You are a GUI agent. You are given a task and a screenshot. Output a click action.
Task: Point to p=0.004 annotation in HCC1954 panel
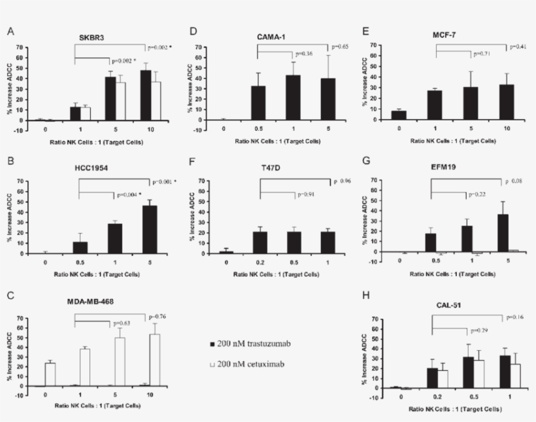coord(130,195)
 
